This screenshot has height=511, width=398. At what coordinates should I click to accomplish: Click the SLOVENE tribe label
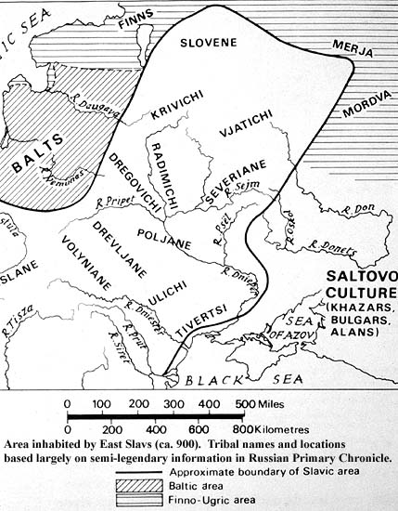210,43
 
